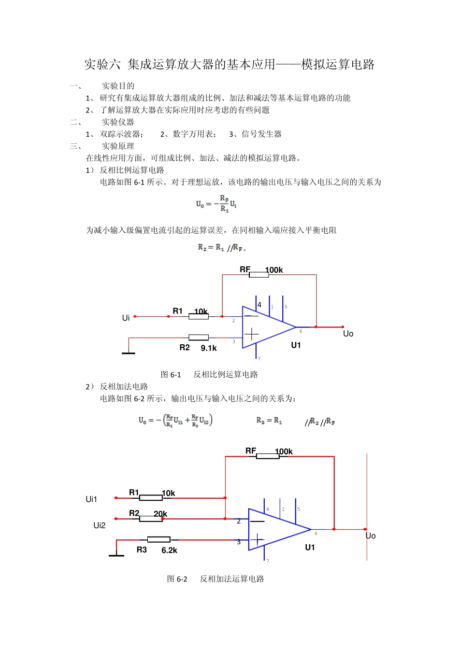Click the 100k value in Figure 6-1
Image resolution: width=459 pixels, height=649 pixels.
[x=274, y=270]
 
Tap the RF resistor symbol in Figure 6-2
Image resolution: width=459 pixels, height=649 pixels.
[x=268, y=456]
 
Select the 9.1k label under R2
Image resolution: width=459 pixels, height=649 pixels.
[x=209, y=348]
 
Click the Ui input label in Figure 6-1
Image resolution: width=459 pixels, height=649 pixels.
[x=126, y=318]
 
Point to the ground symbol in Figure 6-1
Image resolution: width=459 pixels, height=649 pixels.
[x=129, y=352]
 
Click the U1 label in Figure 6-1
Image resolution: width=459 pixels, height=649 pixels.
[x=296, y=345]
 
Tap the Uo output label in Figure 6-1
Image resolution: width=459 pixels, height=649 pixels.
[x=348, y=334]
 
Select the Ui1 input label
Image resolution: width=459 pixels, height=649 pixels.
[x=91, y=499]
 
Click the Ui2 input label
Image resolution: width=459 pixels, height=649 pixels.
[x=99, y=525]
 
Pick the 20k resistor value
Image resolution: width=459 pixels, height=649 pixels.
[x=160, y=514]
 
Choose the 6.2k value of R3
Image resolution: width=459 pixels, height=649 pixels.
[x=169, y=550]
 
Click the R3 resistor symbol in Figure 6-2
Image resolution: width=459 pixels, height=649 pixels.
[x=158, y=539]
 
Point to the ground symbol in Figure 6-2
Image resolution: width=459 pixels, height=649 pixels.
[x=116, y=554]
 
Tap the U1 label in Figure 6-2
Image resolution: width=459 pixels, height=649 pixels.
[x=310, y=548]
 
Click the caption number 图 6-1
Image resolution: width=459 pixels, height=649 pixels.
[x=171, y=375]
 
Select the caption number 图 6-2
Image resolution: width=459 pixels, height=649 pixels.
[x=177, y=579]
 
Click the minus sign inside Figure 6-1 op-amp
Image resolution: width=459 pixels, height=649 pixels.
[x=251, y=316]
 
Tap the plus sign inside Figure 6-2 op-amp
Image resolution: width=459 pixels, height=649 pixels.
[x=257, y=539]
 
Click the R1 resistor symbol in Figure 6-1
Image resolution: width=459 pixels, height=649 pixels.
[x=199, y=316]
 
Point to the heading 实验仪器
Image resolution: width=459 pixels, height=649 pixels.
[x=118, y=122]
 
